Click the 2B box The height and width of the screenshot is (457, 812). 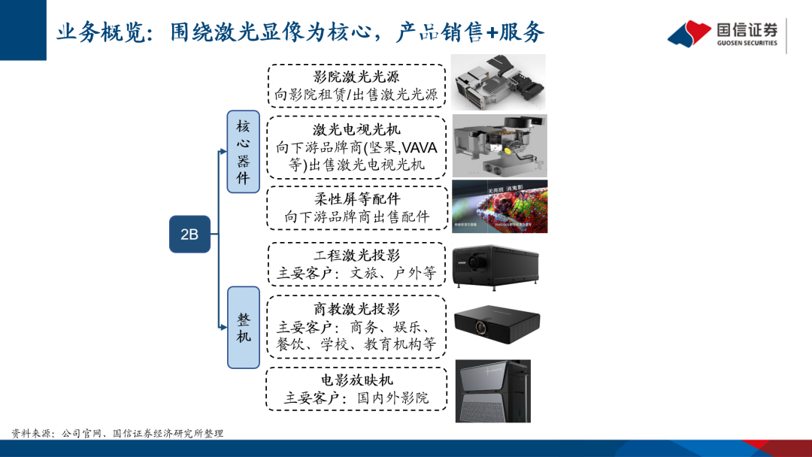click(x=189, y=234)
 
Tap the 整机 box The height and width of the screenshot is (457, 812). click(x=244, y=327)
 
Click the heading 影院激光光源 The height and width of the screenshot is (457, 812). click(x=356, y=77)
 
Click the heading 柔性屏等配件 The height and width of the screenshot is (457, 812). click(x=357, y=199)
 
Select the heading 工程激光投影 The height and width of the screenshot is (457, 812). click(x=357, y=256)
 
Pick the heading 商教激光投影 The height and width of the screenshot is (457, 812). click(x=357, y=309)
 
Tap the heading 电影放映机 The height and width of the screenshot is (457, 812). click(x=357, y=380)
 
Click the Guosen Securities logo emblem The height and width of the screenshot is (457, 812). click(x=689, y=34)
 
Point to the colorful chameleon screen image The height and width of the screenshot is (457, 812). click(x=499, y=206)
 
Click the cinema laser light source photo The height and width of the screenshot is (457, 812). click(x=498, y=80)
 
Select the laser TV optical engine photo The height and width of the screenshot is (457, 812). click(x=498, y=146)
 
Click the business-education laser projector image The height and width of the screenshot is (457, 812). click(x=497, y=325)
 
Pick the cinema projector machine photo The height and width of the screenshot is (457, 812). click(x=492, y=390)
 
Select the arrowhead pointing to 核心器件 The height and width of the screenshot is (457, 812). click(x=223, y=152)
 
